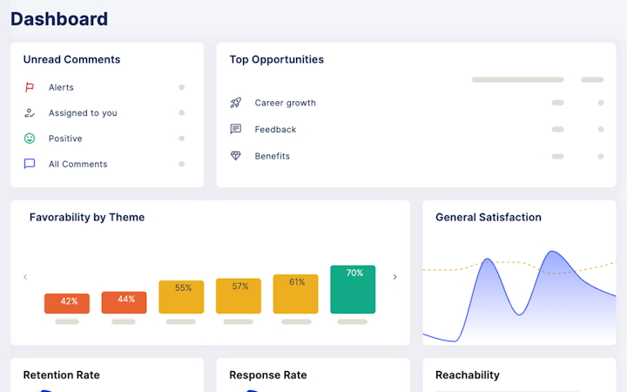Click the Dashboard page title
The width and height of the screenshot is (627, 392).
click(x=59, y=19)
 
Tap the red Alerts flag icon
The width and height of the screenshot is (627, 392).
click(x=30, y=87)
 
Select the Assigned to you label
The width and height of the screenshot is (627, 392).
click(x=83, y=113)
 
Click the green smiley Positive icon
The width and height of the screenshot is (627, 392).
click(x=30, y=139)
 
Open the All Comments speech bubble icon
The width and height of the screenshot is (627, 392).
click(x=30, y=164)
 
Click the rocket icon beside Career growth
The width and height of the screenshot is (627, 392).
click(x=236, y=103)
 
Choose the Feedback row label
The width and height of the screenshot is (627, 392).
click(x=275, y=130)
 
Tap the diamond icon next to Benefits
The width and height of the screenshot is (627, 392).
click(x=236, y=156)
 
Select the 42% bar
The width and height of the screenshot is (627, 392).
click(x=67, y=304)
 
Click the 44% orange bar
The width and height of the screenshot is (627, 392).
click(x=124, y=302)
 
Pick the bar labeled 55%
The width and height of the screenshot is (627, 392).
click(x=181, y=297)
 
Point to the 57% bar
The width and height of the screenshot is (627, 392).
click(x=239, y=296)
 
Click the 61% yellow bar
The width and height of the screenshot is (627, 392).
click(x=295, y=294)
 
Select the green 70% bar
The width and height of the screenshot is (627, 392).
click(x=353, y=289)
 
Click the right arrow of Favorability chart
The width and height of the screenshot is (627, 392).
click(x=395, y=277)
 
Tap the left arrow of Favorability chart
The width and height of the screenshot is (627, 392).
click(x=25, y=277)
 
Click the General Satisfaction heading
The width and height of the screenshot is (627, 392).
click(x=489, y=217)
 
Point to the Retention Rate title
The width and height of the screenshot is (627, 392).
click(x=62, y=375)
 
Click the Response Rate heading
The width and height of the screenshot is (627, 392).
click(x=268, y=375)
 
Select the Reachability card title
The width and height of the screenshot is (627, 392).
click(x=468, y=375)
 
